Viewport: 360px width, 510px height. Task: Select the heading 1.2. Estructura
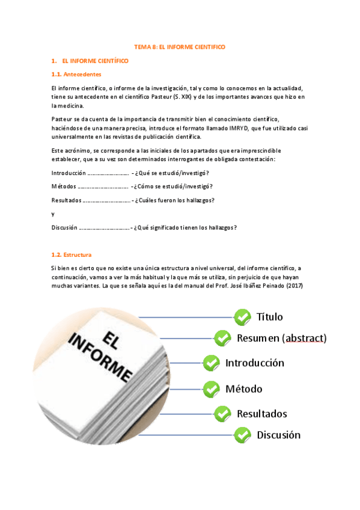[72, 255]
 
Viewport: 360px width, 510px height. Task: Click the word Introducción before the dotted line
[69, 173]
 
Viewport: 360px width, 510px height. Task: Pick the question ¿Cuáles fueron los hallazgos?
[174, 200]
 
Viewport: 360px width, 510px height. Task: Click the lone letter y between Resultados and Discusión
[53, 214]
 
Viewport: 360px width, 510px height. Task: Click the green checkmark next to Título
[242, 316]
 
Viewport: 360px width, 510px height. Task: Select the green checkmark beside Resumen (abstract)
[223, 338]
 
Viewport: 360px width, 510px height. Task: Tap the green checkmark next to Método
[211, 389]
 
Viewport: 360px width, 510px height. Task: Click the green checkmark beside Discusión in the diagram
[242, 434]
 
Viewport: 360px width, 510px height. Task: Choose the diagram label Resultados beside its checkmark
[261, 414]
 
